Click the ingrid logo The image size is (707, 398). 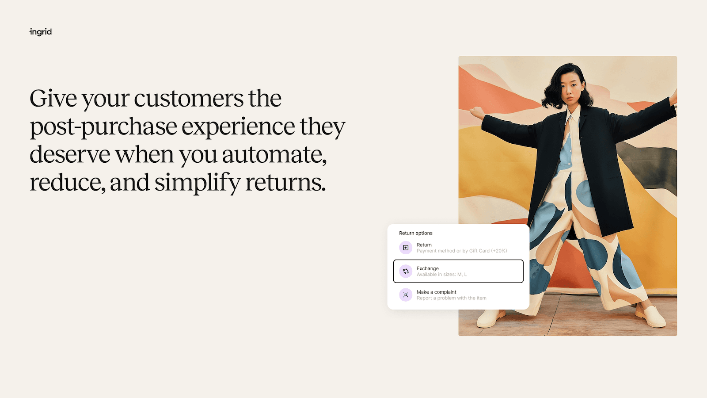click(x=41, y=32)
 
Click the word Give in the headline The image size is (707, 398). click(x=53, y=98)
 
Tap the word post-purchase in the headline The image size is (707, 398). click(x=103, y=127)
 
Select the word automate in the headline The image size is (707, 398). click(x=274, y=155)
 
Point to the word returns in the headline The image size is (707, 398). click(x=285, y=183)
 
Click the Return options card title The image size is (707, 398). click(x=416, y=233)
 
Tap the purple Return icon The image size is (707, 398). click(x=406, y=248)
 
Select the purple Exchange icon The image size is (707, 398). click(x=406, y=271)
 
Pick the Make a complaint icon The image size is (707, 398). click(x=406, y=295)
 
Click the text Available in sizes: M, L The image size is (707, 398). click(x=441, y=275)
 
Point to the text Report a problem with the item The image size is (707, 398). click(x=451, y=298)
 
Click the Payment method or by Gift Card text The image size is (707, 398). click(x=462, y=251)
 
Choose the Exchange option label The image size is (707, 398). click(x=428, y=268)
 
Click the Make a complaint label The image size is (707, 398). click(x=437, y=292)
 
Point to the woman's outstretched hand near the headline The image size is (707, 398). click(x=475, y=113)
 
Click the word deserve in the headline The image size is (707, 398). click(x=70, y=155)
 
